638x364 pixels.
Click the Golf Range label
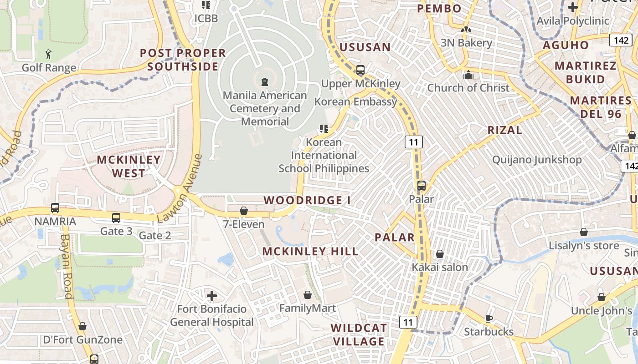[49, 68]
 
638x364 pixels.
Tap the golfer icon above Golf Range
[49, 55]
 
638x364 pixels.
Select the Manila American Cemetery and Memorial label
[265, 108]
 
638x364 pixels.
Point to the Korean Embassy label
[356, 101]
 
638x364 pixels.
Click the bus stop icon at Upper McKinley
[360, 70]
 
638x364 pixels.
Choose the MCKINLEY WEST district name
[129, 166]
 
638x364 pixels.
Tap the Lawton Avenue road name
[179, 188]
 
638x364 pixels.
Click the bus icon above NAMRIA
[55, 208]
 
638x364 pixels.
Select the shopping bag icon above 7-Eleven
[244, 211]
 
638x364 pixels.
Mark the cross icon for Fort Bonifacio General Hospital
[212, 296]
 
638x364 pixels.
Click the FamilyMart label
[308, 308]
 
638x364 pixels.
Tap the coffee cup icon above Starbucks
[489, 318]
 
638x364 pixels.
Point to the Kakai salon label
[440, 267]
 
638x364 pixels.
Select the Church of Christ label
[468, 88]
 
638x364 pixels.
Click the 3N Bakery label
[466, 43]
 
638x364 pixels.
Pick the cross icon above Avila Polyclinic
[573, 7]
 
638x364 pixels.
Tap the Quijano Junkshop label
[537, 160]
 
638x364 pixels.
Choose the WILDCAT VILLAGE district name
[359, 334]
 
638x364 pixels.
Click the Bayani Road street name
[67, 266]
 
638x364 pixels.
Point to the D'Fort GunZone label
[82, 340]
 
